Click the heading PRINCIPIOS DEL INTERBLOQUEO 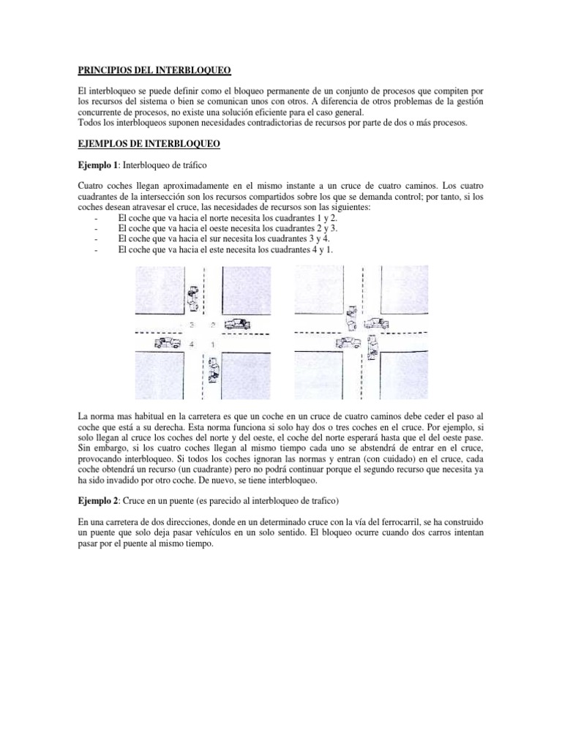(154, 70)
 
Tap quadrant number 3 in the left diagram (192, 323)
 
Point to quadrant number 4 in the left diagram (192, 343)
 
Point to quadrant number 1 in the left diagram (211, 343)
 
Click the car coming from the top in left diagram (192, 296)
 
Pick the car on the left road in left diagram (167, 342)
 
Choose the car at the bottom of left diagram (213, 371)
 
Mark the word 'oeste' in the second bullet (231, 228)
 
